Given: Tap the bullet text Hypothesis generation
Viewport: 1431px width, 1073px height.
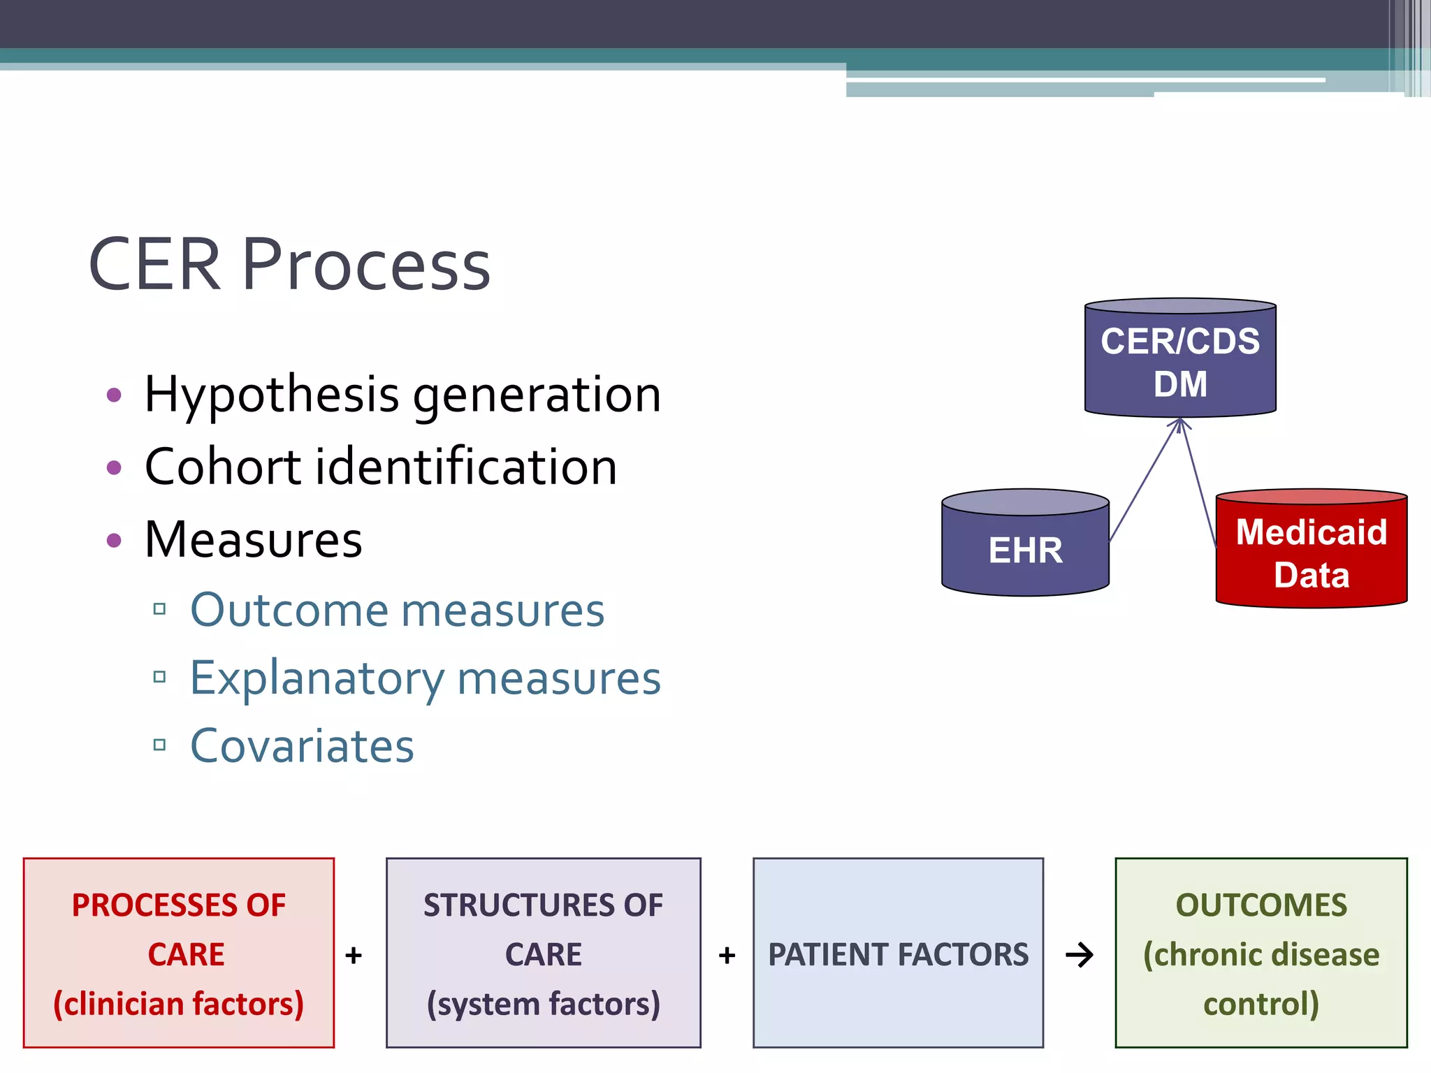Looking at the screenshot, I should (x=402, y=395).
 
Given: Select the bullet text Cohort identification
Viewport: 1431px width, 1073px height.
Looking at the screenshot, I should (x=381, y=467).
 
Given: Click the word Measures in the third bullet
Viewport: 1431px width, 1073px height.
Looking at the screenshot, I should (x=253, y=540).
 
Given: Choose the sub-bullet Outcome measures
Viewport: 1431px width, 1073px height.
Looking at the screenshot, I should (x=397, y=611).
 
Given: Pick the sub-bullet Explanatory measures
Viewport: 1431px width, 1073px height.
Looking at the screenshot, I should (x=425, y=678).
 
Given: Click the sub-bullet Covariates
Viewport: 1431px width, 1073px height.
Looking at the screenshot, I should (x=302, y=746).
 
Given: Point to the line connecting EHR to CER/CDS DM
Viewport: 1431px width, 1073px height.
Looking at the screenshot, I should (x=1144, y=482).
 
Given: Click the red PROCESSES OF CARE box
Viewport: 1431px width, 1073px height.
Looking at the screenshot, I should (x=179, y=953).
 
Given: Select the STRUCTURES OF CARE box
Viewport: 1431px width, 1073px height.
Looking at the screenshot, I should (x=543, y=953).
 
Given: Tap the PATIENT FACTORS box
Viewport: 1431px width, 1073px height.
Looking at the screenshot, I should (x=898, y=953).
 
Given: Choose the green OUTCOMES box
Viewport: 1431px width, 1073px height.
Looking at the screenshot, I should (x=1261, y=953).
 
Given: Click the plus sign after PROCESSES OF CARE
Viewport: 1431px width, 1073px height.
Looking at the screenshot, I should (x=354, y=955).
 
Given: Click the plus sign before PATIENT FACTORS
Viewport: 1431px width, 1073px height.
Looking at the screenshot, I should (x=727, y=955).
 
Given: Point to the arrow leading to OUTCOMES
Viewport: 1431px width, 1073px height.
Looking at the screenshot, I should (x=1080, y=955).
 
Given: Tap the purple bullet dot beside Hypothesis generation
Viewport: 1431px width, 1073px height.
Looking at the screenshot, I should (x=114, y=395).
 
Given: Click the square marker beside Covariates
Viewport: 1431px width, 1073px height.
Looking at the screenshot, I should (x=159, y=745).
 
